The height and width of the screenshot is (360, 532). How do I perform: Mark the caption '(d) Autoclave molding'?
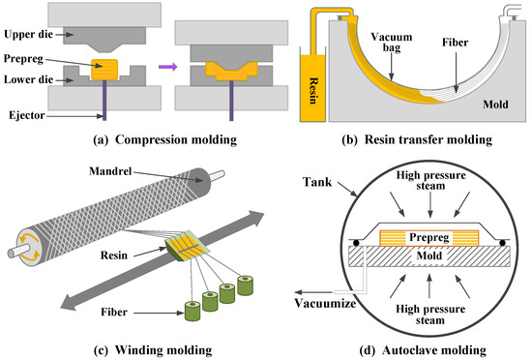[418, 348]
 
